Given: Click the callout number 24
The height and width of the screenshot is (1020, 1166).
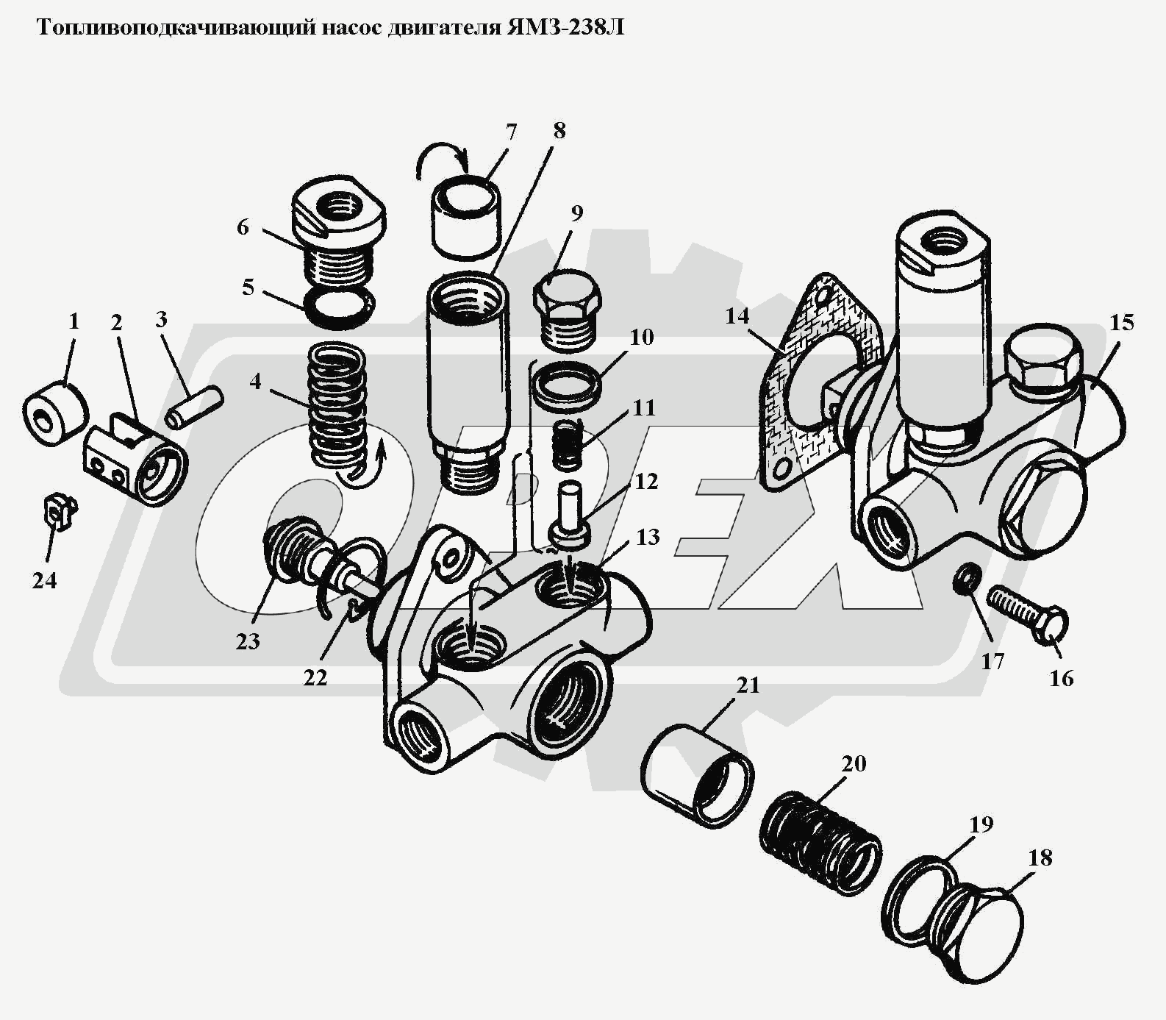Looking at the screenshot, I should point(44,581).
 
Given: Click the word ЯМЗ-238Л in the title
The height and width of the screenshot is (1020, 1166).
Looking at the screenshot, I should point(566,28).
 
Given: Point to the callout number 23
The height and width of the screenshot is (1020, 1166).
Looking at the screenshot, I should point(248,641).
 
